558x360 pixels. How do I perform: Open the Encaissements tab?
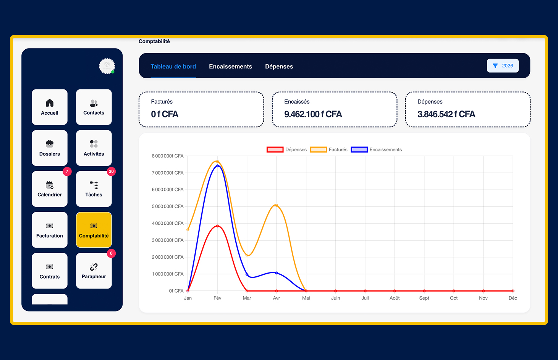click(x=230, y=66)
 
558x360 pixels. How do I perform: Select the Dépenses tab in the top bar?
click(x=279, y=66)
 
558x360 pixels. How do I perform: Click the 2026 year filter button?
click(x=503, y=66)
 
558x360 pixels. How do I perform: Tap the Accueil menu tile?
click(x=50, y=107)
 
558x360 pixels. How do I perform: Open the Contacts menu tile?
click(x=94, y=107)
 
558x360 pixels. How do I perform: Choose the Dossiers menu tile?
click(x=50, y=148)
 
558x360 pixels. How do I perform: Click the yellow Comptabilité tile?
click(x=94, y=230)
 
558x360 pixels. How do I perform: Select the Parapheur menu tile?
click(x=94, y=271)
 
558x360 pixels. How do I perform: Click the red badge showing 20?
click(x=111, y=172)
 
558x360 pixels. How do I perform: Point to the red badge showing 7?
click(x=67, y=172)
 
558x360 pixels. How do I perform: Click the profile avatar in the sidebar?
click(x=107, y=66)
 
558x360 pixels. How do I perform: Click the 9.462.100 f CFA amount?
click(x=313, y=114)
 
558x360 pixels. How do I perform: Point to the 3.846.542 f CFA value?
click(x=446, y=114)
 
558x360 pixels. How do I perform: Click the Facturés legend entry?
click(x=328, y=149)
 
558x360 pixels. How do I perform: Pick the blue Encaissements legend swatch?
click(x=359, y=149)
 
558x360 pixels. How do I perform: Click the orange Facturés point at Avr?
click(x=276, y=206)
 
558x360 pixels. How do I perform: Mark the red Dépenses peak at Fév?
click(x=217, y=226)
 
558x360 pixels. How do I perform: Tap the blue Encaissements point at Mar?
click(x=247, y=274)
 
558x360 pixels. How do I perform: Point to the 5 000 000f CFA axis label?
click(x=168, y=206)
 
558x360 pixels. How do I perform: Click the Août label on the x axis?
click(x=395, y=298)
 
